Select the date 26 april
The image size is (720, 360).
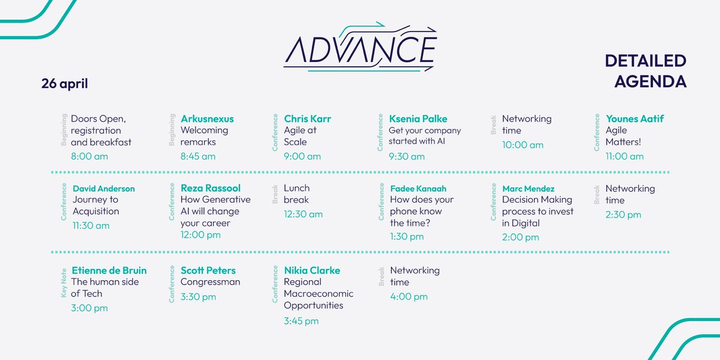(65, 83)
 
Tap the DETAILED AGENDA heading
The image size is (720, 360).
(645, 71)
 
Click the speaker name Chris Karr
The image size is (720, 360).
(307, 119)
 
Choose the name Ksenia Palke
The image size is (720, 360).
(418, 119)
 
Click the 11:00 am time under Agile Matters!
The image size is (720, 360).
(625, 157)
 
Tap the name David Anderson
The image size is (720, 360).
(104, 188)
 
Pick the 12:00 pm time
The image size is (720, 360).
(200, 235)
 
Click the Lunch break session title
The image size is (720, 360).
(296, 194)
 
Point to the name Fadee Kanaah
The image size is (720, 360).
(418, 188)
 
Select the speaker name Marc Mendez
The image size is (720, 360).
(528, 188)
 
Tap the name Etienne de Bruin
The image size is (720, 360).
(109, 271)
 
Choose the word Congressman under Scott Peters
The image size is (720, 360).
(210, 282)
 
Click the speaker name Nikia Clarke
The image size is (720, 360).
(312, 271)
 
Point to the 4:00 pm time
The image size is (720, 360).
(409, 296)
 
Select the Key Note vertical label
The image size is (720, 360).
(64, 282)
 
